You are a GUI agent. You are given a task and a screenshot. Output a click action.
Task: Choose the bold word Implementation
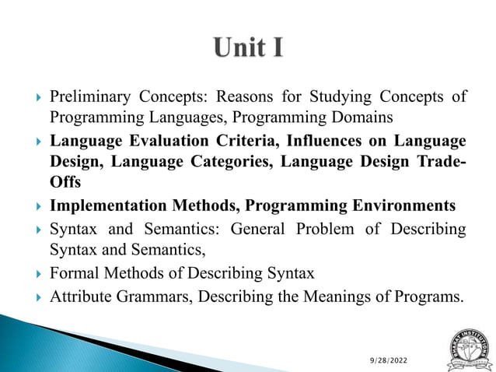click(x=108, y=206)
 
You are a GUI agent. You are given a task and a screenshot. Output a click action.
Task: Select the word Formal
click(x=72, y=273)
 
